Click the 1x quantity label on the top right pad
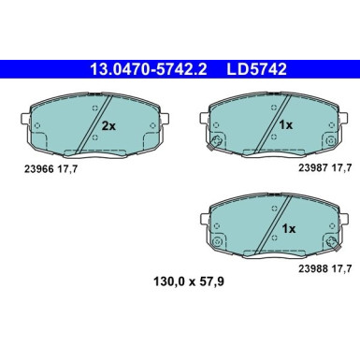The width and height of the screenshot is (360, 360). (x=286, y=124)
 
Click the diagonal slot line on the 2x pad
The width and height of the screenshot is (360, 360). (x=93, y=123)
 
